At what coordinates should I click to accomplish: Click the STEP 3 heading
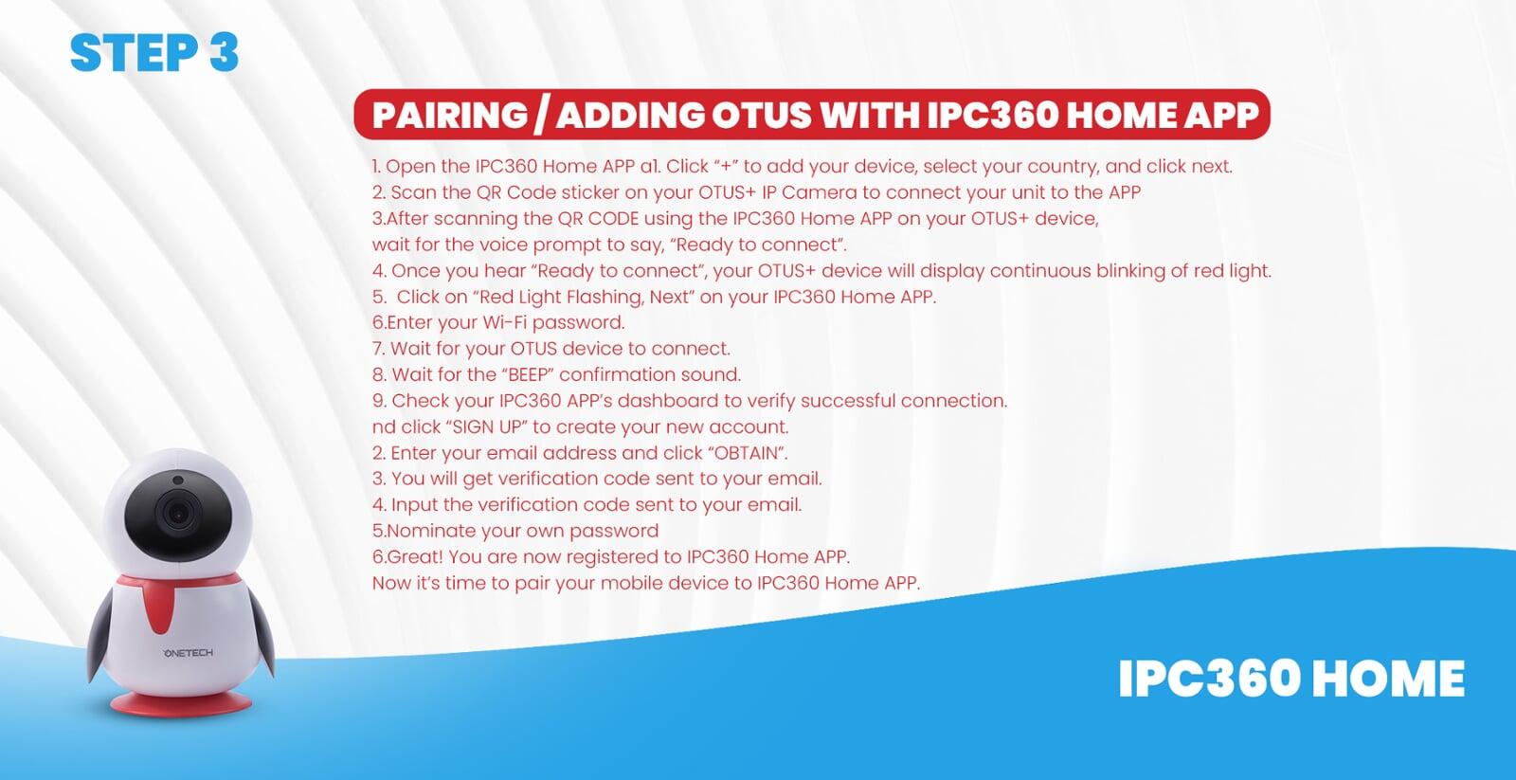(x=154, y=52)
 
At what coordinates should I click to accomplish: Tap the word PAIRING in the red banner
(x=450, y=115)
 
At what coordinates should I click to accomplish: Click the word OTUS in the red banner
(x=762, y=115)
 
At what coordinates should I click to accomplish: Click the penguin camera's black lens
(x=178, y=513)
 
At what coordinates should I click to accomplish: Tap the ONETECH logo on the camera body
(x=188, y=653)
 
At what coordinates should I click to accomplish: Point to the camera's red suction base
(x=181, y=703)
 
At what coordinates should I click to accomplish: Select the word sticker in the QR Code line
(x=590, y=192)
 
